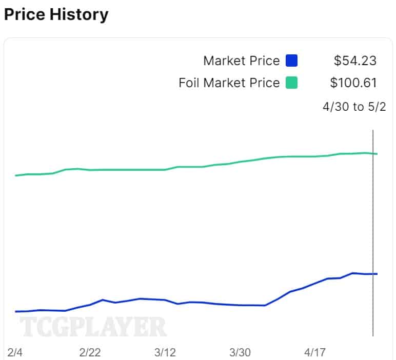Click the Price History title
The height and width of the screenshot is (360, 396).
[x=56, y=14]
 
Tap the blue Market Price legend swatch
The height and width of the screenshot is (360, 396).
[x=291, y=61]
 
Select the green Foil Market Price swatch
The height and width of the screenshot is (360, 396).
[x=291, y=83]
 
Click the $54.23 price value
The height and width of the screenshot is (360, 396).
[x=355, y=61]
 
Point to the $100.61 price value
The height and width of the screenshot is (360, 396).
[x=353, y=83]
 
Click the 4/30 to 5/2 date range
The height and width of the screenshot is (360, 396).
[x=354, y=107]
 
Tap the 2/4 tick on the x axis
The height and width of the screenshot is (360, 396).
[x=15, y=352]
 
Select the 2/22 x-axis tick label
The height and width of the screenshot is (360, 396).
[x=90, y=352]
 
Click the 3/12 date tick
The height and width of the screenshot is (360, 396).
[x=165, y=352]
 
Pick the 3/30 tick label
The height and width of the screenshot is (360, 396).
[x=240, y=352]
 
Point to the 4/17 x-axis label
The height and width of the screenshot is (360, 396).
[x=315, y=352]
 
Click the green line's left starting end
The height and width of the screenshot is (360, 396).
[x=16, y=175]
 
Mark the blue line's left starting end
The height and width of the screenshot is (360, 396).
[x=16, y=311]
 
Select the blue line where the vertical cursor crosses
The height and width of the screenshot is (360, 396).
[x=373, y=274]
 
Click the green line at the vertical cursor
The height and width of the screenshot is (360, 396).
[x=373, y=153]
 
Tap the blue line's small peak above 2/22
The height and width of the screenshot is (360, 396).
[x=103, y=300]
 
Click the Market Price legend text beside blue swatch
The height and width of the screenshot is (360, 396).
[x=241, y=61]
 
